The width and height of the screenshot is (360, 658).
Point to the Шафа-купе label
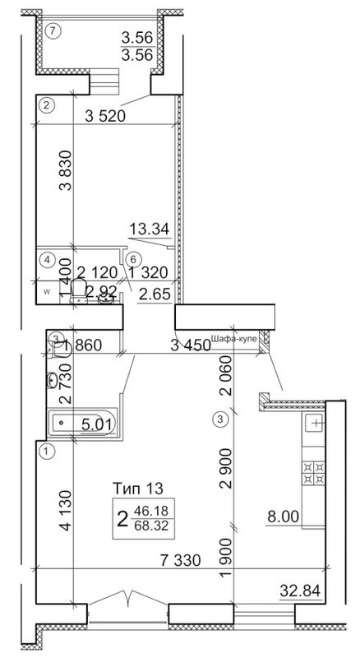point(233,339)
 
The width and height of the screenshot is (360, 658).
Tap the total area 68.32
point(151,526)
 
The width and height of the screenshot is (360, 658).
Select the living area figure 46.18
point(151,512)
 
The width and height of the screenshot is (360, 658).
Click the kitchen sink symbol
point(316,424)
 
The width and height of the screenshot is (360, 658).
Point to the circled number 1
point(46,451)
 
